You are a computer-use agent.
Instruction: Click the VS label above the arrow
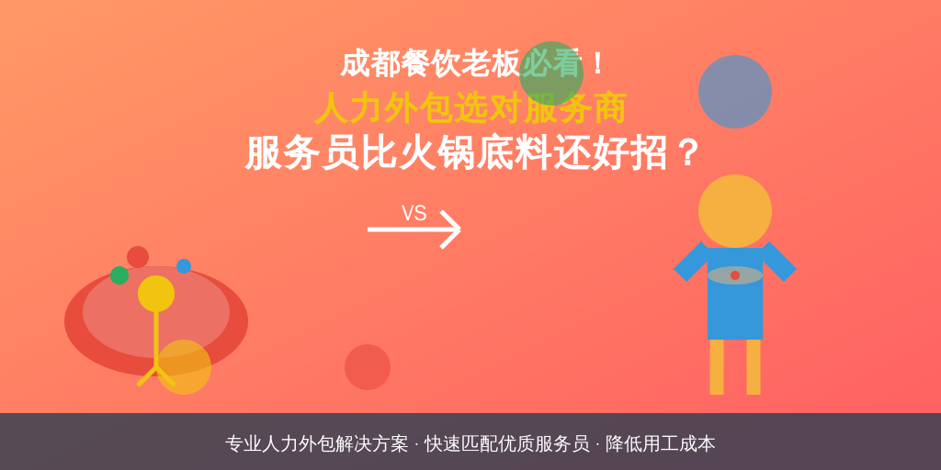414,213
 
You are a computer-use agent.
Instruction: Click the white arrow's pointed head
459,229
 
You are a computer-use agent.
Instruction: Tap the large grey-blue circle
734,92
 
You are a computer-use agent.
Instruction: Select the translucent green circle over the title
551,73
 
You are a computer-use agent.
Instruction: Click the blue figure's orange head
734,211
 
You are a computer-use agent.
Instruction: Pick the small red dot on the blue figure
734,275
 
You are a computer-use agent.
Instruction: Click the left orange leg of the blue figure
717,367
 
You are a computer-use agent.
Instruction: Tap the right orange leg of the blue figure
754,367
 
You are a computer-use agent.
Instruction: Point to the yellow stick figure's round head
156,294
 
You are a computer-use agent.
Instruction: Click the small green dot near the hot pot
119,275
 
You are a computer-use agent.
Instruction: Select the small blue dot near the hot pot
184,266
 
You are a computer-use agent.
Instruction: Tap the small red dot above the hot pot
138,257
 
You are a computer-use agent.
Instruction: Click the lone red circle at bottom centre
368,367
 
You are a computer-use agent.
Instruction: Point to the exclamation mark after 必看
597,64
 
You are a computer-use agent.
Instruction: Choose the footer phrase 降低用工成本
660,443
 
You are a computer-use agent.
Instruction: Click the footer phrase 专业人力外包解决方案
317,443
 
